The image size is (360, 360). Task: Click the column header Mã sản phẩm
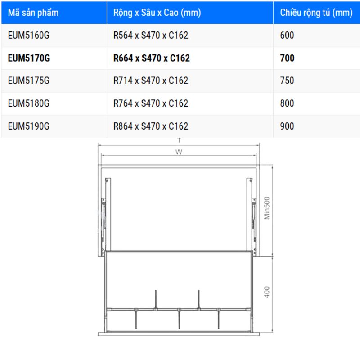click(x=33, y=13)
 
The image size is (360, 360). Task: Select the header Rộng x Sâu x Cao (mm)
click(x=157, y=13)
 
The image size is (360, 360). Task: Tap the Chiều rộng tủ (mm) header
click(x=316, y=13)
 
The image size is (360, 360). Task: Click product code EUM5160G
click(x=29, y=35)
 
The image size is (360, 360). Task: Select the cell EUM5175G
click(x=29, y=81)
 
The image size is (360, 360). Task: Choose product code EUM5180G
click(x=29, y=103)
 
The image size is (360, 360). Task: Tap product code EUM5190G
click(x=29, y=126)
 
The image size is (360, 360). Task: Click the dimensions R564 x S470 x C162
click(x=151, y=35)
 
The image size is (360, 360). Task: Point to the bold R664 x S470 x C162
click(x=152, y=58)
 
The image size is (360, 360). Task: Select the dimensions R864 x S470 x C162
click(x=151, y=126)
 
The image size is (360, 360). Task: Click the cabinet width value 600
click(x=287, y=35)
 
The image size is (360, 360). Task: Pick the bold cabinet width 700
click(x=287, y=58)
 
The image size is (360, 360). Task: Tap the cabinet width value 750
click(x=287, y=81)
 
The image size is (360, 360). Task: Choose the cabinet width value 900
click(x=287, y=126)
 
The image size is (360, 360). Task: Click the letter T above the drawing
click(x=179, y=141)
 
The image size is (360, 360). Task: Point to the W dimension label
click(x=179, y=152)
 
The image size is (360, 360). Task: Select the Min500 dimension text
click(x=267, y=207)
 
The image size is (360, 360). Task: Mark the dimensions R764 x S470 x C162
click(x=151, y=103)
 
